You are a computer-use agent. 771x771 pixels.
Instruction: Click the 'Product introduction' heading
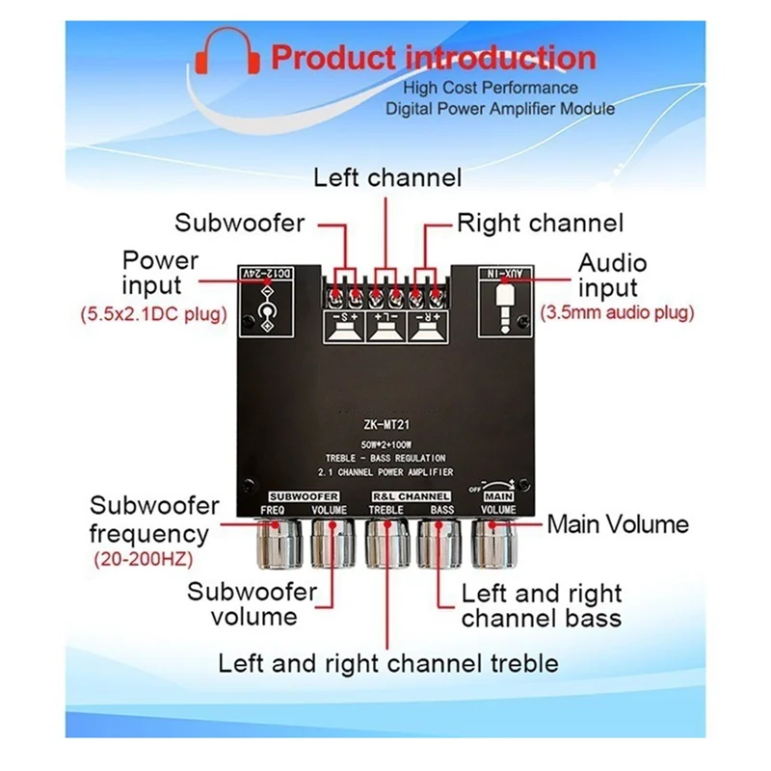coord(433,57)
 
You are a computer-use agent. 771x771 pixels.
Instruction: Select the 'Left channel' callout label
coord(388,177)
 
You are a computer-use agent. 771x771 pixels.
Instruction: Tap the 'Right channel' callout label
coord(540,224)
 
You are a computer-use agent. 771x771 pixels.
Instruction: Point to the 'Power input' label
coord(160,273)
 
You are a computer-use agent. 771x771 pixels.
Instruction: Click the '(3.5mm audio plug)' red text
coord(618,312)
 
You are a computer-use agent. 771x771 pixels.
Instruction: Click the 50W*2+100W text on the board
coord(385,442)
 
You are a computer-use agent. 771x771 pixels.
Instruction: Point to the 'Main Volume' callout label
coord(618,524)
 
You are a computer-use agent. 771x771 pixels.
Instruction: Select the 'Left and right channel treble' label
coord(387,663)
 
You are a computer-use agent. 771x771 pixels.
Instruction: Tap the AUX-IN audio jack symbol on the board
coord(506,306)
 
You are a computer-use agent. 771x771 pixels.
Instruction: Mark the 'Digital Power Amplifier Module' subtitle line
coord(499,109)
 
